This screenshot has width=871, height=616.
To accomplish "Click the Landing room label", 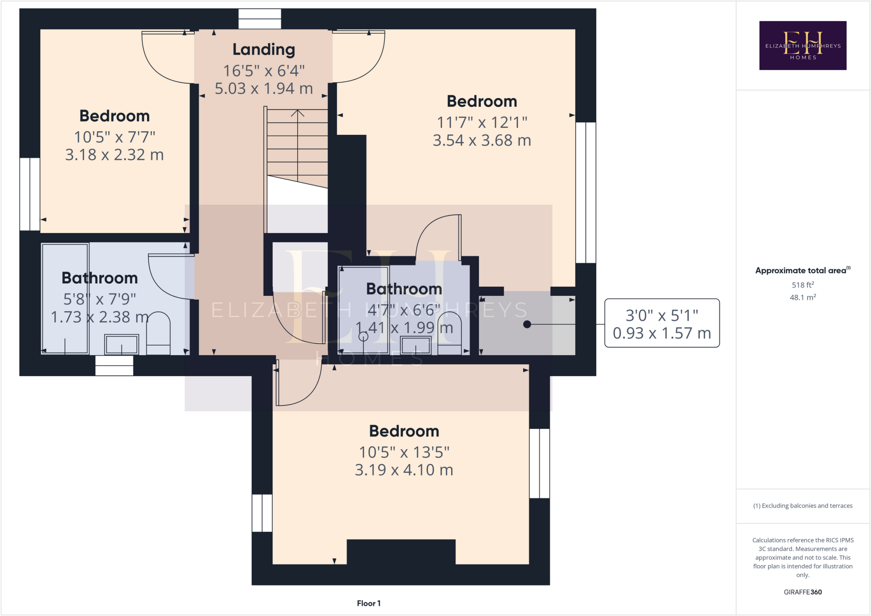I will coord(264,49).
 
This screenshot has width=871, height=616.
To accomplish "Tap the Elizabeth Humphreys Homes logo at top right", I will coord(803,45).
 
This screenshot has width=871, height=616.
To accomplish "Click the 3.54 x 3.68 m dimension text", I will coord(482,140).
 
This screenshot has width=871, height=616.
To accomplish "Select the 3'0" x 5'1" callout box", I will coord(662,323).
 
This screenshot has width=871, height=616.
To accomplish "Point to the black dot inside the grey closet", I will coord(527,324).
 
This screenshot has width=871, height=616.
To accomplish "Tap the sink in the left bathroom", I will coord(122,344).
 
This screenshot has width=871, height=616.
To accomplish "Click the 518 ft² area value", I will coord(803,285).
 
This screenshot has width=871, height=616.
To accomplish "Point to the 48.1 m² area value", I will coord(803,298).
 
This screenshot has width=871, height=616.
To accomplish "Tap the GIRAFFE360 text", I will coord(803,592).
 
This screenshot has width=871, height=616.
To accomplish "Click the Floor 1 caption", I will coord(369,603).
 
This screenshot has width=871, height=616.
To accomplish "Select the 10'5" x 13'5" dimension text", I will coord(404,452).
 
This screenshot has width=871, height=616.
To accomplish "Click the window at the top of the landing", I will coord(259,19).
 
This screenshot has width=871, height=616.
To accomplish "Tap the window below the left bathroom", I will coord(114,366).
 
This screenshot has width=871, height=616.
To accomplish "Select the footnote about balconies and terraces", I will coord(803,505).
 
